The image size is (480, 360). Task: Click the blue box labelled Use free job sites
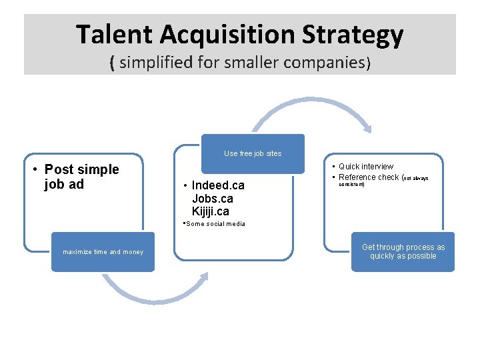tap(253, 153)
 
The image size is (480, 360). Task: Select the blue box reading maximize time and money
tap(103, 252)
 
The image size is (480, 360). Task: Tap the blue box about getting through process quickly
tap(403, 251)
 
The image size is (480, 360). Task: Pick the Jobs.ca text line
tap(212, 199)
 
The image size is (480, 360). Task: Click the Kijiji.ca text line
tap(210, 212)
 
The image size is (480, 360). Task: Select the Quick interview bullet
tap(365, 166)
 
